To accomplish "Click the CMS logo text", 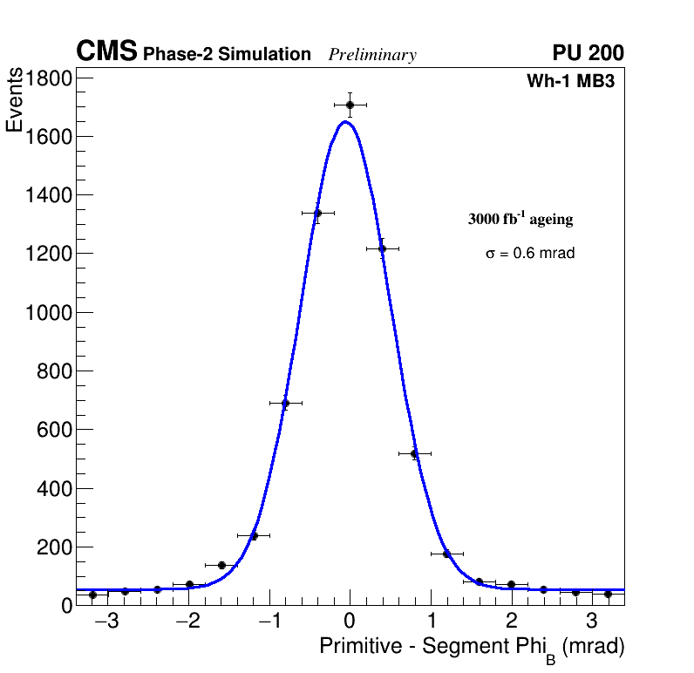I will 106,52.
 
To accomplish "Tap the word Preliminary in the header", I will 372,55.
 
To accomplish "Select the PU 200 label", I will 588,53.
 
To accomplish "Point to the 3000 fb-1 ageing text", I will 520,219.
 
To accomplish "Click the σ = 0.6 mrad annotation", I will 530,254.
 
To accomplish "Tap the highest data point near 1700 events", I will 350,105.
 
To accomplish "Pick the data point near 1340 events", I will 317,213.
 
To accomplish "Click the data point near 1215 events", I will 382,248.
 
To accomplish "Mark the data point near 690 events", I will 285,403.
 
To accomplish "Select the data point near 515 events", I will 414,453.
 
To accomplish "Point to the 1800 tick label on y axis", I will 48,78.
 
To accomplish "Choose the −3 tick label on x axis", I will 107,622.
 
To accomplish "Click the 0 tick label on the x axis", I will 350,622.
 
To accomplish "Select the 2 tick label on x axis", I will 511,622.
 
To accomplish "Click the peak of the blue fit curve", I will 345,121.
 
